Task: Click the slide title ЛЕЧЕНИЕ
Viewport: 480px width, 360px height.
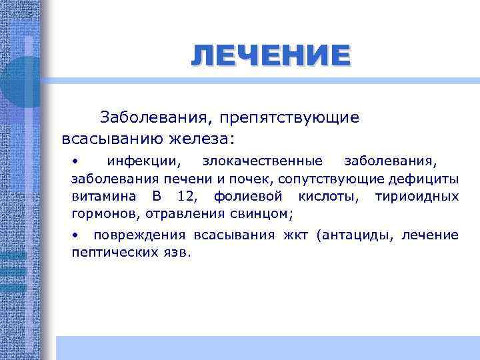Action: coord(269,55)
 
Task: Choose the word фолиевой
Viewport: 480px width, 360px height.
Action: coord(249,197)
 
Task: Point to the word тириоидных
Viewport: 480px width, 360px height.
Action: coord(417,197)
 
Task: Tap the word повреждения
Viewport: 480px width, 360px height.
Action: coord(141,235)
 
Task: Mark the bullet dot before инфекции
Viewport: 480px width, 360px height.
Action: coord(77,161)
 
